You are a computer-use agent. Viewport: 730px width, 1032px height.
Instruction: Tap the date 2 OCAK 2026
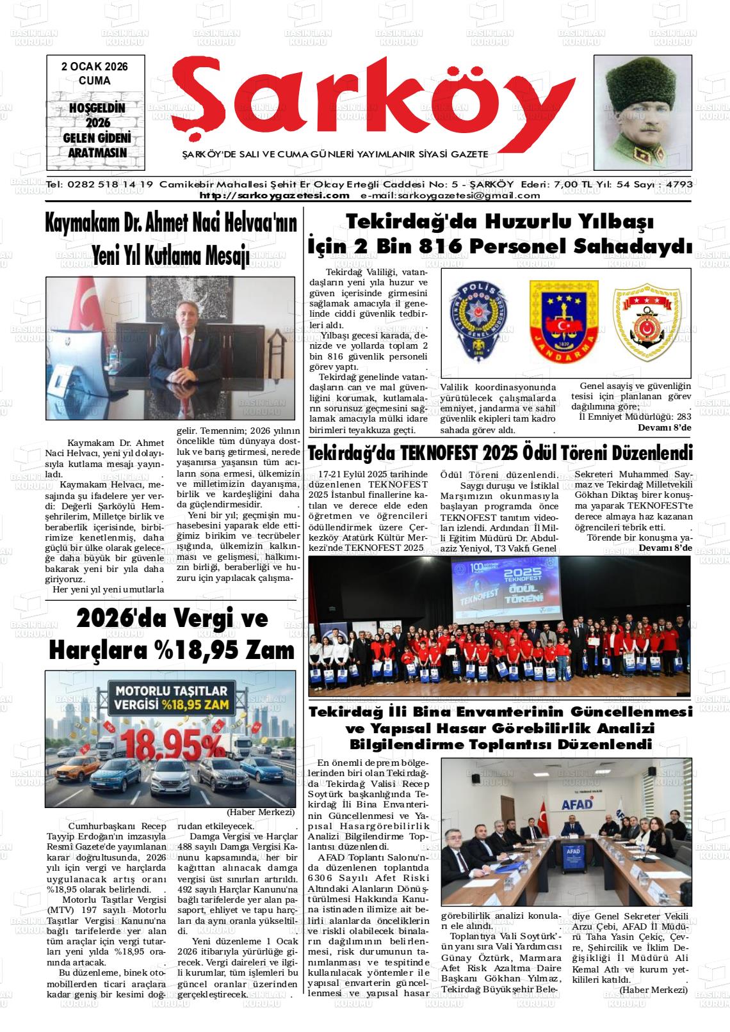(x=95, y=67)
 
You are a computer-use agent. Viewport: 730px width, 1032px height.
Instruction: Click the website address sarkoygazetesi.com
(x=275, y=195)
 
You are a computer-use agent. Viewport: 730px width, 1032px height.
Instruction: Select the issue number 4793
(x=679, y=184)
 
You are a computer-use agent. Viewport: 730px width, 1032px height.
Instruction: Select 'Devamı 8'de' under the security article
(x=665, y=427)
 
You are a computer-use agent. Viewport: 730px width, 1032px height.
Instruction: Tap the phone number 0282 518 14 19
(x=109, y=184)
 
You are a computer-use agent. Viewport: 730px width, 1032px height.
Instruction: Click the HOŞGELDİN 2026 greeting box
(x=96, y=131)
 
